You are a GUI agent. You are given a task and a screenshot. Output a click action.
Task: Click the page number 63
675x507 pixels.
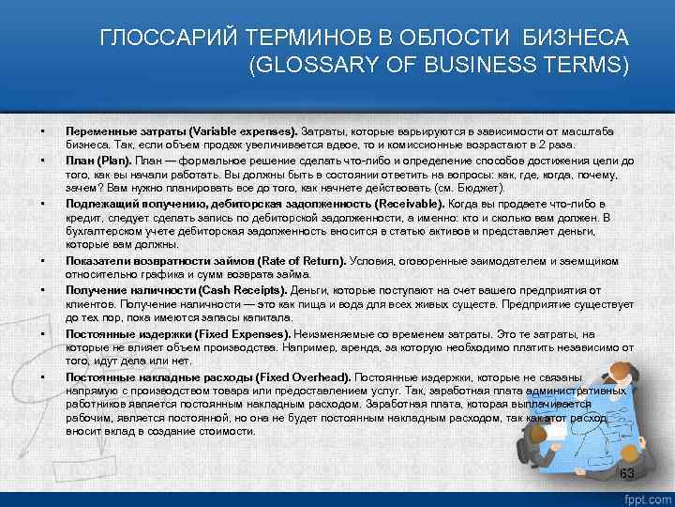627,471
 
